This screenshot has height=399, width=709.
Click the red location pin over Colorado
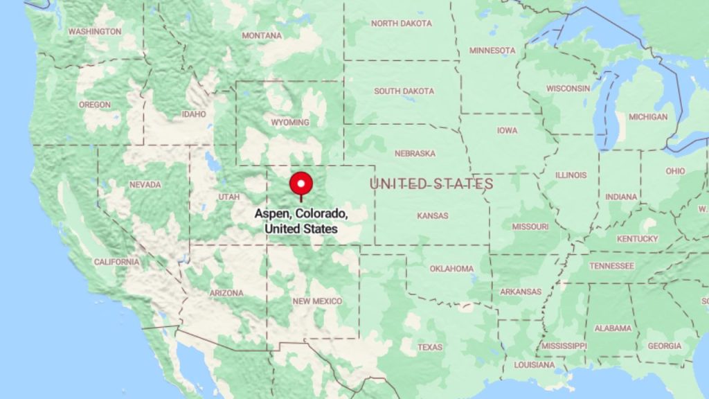[x=300, y=184]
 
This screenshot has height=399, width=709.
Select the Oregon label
[x=94, y=105]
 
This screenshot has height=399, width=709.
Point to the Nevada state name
[x=145, y=184]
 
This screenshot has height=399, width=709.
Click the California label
[x=116, y=262]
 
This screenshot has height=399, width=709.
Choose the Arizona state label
[x=226, y=293]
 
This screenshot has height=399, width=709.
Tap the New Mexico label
[x=317, y=301]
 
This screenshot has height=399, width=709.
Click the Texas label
[x=430, y=346]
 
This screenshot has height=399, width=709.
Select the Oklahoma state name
[x=451, y=269]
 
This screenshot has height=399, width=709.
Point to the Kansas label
[x=432, y=215]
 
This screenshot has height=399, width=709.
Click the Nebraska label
[x=415, y=153]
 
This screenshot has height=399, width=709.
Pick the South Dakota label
[x=404, y=91]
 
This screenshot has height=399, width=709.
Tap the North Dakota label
[x=402, y=24]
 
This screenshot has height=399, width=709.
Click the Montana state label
[x=262, y=35]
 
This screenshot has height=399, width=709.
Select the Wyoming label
[x=290, y=123]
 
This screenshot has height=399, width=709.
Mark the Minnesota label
[x=492, y=51]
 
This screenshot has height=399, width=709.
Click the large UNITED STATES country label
[x=431, y=184]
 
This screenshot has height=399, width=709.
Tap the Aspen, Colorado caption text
[x=300, y=221]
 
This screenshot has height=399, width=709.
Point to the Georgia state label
[x=663, y=346]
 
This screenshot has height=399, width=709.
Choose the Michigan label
[x=648, y=117]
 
